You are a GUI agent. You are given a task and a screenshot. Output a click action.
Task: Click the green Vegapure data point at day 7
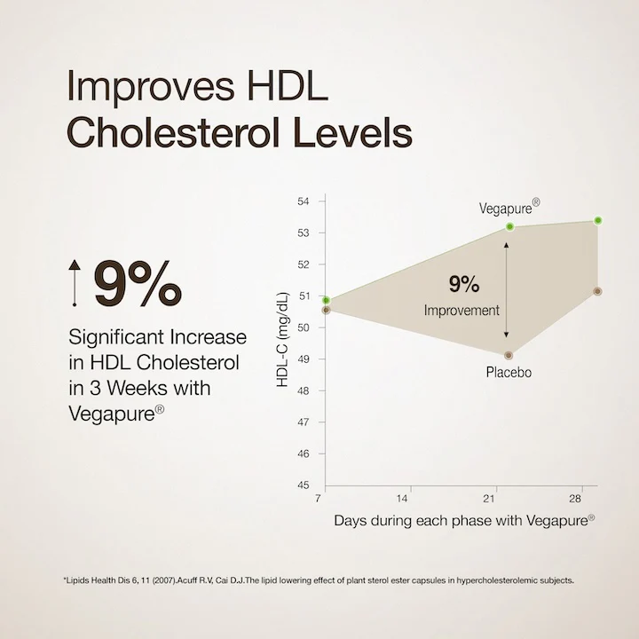[327, 301]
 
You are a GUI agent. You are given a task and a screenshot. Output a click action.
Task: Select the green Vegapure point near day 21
[510, 227]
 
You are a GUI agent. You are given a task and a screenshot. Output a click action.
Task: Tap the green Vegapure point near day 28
[598, 220]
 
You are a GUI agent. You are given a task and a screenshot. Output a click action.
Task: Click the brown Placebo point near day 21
[509, 355]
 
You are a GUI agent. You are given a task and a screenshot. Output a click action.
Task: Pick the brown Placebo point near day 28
[597, 291]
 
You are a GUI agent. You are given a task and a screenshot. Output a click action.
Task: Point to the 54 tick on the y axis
[303, 201]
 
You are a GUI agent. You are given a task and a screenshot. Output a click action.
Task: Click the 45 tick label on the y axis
[303, 485]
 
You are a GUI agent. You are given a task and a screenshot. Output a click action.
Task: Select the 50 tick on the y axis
[303, 327]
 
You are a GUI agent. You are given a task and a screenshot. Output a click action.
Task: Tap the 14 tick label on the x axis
[404, 499]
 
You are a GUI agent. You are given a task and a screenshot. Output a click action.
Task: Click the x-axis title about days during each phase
[464, 521]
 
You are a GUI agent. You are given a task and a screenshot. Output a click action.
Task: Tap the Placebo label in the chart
[509, 372]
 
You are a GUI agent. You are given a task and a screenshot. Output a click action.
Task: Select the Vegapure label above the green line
[509, 208]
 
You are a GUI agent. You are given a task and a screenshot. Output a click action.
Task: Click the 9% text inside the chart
[463, 284]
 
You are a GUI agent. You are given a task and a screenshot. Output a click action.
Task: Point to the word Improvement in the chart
[461, 311]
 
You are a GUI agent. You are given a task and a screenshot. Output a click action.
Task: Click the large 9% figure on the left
[138, 282]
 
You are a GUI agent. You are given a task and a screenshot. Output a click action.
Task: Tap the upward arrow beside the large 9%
[76, 282]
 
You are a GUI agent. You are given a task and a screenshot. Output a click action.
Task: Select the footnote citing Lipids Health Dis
[319, 581]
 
